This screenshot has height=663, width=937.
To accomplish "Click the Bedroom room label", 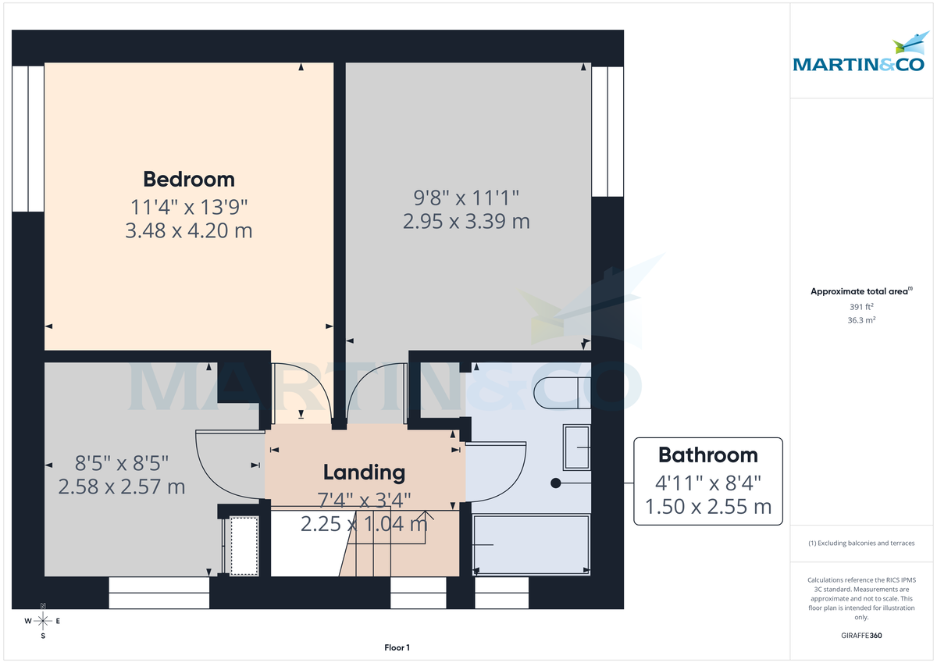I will [x=189, y=179].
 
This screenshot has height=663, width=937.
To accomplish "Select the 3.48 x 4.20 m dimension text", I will [x=189, y=231].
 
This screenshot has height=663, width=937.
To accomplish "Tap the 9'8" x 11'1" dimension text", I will [x=466, y=196].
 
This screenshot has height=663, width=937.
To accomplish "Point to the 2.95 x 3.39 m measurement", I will [x=466, y=222].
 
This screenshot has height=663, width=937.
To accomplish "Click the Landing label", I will [x=364, y=472].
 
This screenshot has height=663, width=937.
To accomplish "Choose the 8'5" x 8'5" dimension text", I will [x=121, y=462].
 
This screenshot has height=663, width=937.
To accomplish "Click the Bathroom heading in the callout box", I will [x=707, y=454].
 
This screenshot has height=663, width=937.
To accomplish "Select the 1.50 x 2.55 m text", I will [x=707, y=507].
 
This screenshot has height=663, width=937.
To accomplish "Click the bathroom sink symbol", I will [x=576, y=447].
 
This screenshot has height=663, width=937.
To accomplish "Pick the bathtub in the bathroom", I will [x=531, y=544].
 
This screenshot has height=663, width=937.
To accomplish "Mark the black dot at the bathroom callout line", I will [x=556, y=483].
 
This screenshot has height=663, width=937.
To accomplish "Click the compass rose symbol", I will [x=43, y=621].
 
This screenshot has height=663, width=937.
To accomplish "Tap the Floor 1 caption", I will [x=397, y=647].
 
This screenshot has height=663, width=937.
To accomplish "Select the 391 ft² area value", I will [x=860, y=307].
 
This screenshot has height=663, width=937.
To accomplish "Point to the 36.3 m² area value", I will [x=860, y=320].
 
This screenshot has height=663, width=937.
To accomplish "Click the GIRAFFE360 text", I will [x=860, y=636].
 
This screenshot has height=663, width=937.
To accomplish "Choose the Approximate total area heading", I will [x=860, y=291].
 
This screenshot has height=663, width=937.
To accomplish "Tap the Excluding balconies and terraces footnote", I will [x=860, y=543].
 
